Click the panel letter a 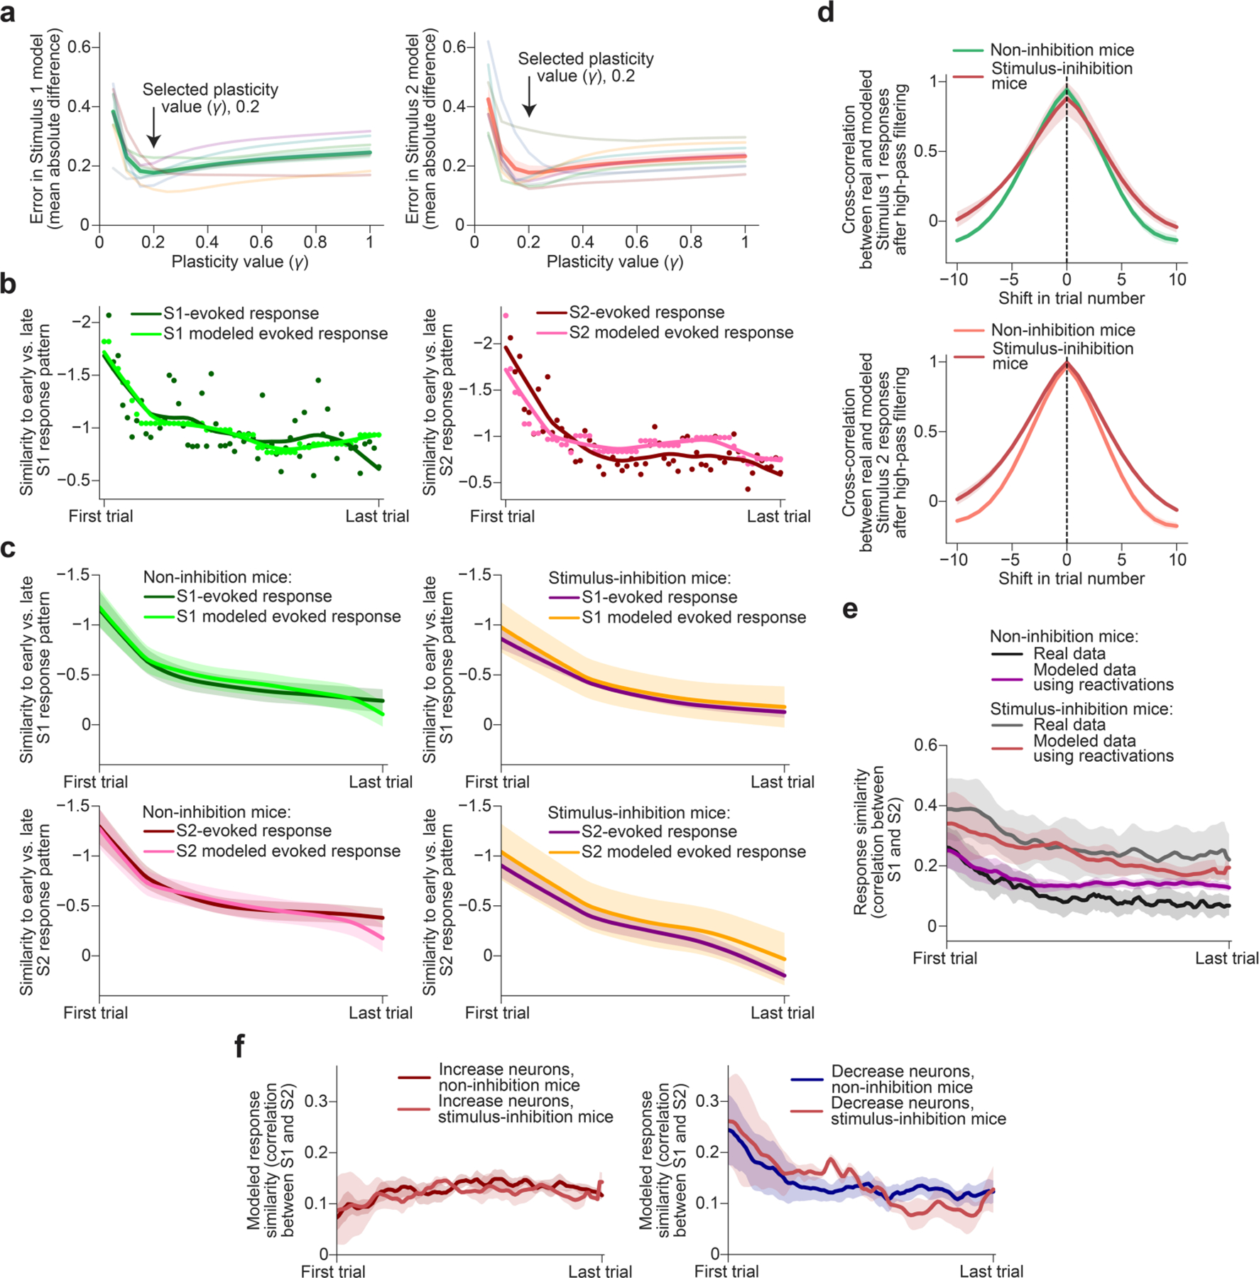point(8,13)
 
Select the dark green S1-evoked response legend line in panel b point(146,314)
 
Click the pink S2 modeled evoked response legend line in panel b point(552,333)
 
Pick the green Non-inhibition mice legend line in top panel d point(968,50)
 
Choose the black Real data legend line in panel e point(1006,654)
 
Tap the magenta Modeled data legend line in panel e point(1006,679)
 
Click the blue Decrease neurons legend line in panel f point(807,1080)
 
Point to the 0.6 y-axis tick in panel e point(925,745)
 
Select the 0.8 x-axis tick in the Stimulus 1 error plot point(315,242)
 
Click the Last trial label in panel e point(1226,958)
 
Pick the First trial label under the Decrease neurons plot point(726,1271)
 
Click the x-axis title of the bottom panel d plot point(1071,579)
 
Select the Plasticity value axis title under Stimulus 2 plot point(614,262)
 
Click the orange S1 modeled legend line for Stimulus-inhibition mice point(565,618)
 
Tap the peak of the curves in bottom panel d point(1067,364)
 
